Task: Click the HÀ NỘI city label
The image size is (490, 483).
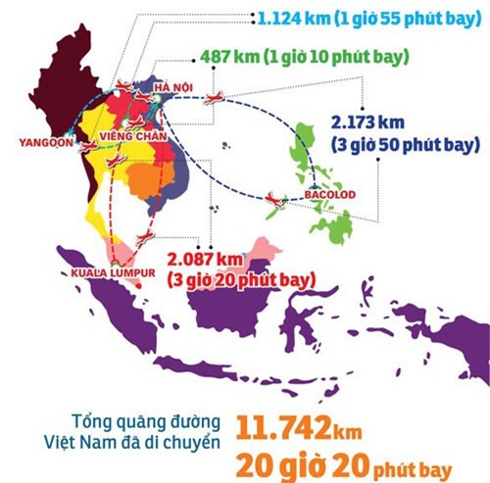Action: click(x=174, y=89)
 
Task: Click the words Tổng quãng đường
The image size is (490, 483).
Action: click(x=153, y=416)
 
